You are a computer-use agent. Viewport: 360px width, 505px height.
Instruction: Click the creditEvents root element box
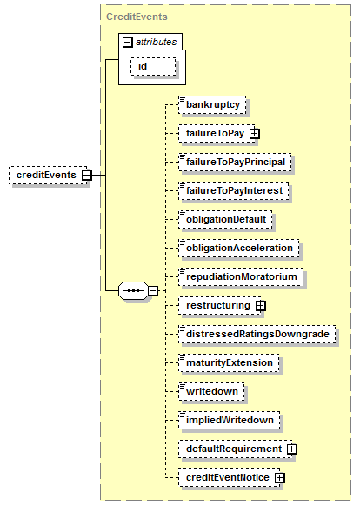[48, 176]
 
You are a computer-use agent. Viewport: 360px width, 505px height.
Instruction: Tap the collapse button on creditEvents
[87, 176]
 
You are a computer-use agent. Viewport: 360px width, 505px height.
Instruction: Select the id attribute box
[153, 66]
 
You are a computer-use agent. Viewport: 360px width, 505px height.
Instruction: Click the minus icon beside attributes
[128, 43]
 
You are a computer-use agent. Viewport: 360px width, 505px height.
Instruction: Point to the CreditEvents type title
[137, 17]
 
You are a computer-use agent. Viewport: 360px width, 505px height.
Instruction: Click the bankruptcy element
[212, 104]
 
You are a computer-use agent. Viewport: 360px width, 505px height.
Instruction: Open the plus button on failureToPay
[255, 133]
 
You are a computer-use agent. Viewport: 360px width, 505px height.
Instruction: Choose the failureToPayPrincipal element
[236, 162]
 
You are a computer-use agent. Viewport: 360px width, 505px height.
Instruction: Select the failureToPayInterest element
[234, 190]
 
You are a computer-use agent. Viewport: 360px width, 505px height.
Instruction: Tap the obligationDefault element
[225, 219]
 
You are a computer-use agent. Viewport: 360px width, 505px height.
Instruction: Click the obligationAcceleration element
[239, 248]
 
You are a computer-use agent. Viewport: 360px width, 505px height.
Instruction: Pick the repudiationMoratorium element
[241, 276]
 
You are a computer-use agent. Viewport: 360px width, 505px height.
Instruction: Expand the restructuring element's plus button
[261, 306]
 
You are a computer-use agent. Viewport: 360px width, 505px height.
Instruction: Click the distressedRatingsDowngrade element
[257, 334]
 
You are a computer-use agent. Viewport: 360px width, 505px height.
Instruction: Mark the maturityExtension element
[230, 362]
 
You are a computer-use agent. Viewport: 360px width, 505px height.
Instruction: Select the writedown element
[212, 391]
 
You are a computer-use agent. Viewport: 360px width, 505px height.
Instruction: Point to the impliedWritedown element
[230, 420]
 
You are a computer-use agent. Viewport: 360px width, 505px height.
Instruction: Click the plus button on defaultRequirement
[292, 449]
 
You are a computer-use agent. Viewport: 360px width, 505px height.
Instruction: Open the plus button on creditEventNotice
[280, 478]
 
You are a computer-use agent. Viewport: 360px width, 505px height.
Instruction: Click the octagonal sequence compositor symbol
[134, 291]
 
